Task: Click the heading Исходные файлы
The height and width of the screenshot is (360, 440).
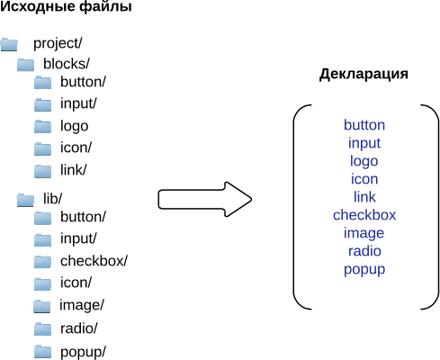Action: coord(66,7)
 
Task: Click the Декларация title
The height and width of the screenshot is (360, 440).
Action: coord(364,74)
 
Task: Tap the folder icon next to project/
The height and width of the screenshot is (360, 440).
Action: coord(9,44)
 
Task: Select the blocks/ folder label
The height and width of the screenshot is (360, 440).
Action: coord(67,64)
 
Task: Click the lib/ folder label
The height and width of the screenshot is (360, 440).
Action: coord(52,198)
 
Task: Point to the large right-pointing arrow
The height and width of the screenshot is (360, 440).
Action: coord(205,199)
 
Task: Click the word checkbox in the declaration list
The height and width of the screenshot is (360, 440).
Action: coord(364,215)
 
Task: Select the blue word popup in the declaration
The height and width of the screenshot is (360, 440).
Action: coord(364,270)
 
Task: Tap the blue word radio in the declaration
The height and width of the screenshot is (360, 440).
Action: coord(364,251)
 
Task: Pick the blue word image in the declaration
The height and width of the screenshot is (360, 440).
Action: coord(364,234)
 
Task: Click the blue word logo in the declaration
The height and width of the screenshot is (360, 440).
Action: coord(364,161)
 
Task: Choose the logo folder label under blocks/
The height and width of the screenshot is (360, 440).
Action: coord(74,126)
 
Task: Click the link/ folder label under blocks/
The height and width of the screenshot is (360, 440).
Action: coord(73,170)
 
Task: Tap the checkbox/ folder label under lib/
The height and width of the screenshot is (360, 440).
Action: coord(94,261)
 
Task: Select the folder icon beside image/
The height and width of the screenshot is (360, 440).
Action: coord(41,306)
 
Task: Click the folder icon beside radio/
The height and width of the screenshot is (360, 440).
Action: coord(42,328)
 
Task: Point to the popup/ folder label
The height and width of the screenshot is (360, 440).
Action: coord(83,352)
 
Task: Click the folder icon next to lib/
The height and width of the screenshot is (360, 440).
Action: coord(25,200)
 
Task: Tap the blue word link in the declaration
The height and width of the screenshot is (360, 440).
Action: coord(364,197)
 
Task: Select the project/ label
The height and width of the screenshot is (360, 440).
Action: coord(58,43)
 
